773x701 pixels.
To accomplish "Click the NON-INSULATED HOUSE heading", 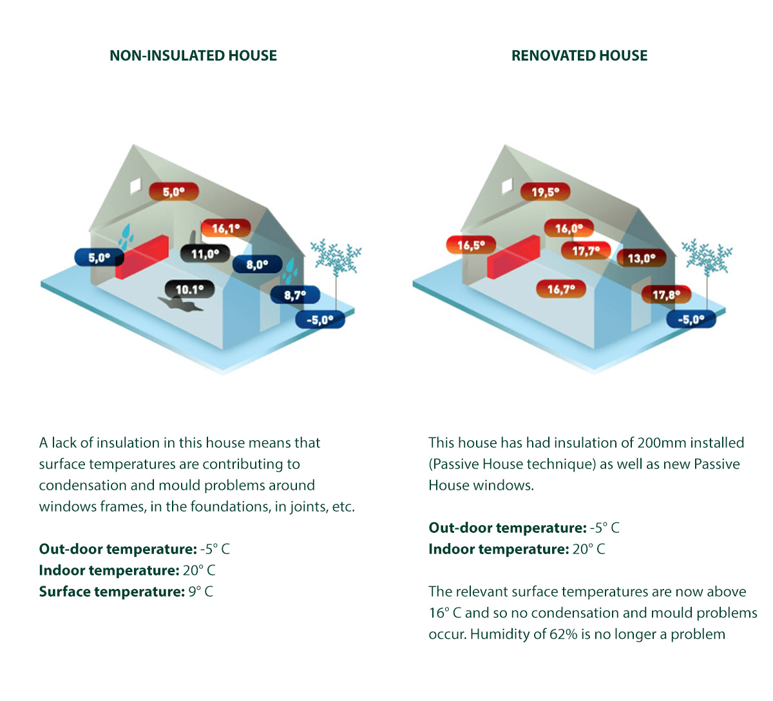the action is point(193,56).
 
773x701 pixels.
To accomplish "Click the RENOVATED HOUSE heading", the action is point(579,56).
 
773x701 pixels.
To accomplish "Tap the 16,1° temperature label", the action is point(226,228).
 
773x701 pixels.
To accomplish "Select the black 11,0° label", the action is point(205,254).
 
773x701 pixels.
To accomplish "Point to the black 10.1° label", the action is point(189,289).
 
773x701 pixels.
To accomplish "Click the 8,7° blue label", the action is point(295,295).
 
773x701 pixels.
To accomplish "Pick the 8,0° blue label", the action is point(258,265).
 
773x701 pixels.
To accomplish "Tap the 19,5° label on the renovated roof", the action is point(545,191).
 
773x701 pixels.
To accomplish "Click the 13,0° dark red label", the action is point(642,258).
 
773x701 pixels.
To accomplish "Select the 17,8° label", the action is point(666,295).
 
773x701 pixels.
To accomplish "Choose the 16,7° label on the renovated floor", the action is point(561,289).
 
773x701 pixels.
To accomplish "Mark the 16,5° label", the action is point(471,245).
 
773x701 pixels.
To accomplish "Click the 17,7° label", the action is point(586,251).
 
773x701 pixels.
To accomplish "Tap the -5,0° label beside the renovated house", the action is point(691,320).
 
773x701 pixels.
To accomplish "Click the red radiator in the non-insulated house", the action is point(142,257).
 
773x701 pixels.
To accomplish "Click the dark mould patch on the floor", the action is point(180,304).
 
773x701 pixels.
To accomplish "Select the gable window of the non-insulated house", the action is point(136,186).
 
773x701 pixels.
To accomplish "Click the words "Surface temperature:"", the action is point(112,591).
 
